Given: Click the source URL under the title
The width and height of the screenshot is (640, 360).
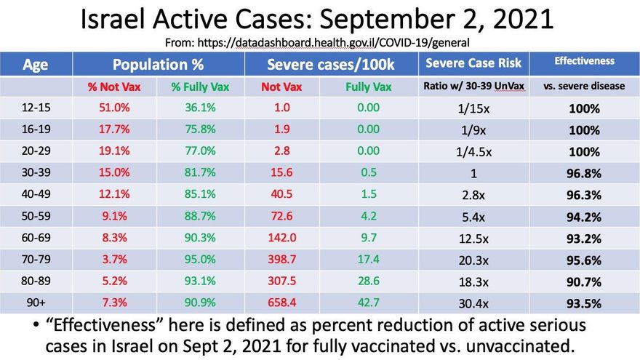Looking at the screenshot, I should point(319,43).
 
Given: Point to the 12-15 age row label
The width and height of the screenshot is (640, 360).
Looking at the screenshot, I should point(34,110).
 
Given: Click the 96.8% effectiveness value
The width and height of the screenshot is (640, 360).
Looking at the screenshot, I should point(584,174).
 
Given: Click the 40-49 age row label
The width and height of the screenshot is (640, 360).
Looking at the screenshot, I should point(34,195).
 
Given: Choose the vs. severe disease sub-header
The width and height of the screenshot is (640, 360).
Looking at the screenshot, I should point(584,86).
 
